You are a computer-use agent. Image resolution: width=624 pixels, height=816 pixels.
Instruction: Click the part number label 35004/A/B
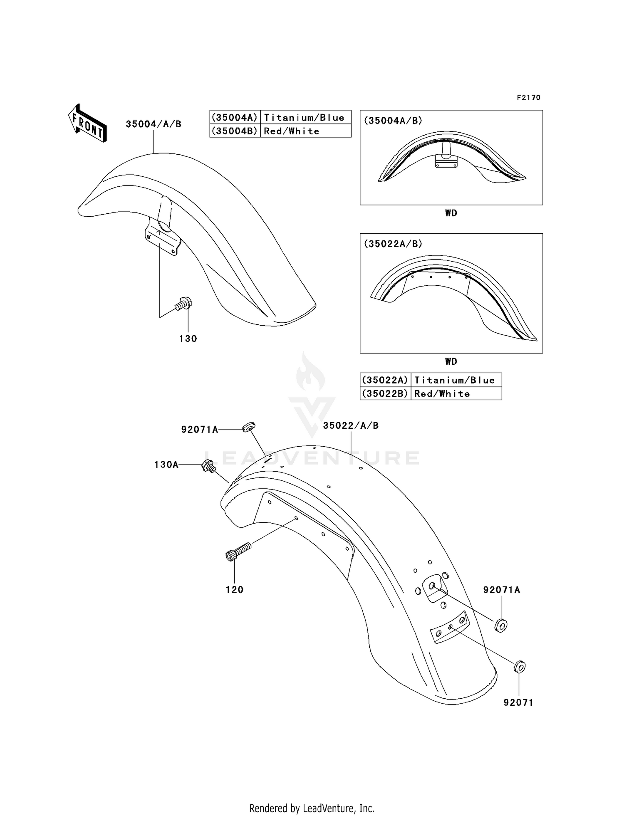click(x=154, y=124)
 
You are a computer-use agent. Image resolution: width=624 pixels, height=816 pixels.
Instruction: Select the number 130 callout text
click(x=188, y=339)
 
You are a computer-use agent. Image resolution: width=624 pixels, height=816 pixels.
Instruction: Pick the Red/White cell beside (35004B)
click(x=292, y=131)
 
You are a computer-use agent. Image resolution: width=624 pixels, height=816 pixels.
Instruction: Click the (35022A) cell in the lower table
click(x=385, y=380)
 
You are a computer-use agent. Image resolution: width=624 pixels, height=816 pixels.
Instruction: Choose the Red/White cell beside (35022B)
click(x=442, y=394)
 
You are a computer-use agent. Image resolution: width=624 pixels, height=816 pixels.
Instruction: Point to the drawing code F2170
click(x=528, y=98)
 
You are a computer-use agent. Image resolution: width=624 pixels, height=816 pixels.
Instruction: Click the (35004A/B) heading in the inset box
click(x=393, y=121)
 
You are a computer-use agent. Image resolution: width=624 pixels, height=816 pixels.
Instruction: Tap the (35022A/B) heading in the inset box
click(x=393, y=244)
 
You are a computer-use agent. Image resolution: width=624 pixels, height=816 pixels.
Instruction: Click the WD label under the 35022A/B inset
click(x=451, y=361)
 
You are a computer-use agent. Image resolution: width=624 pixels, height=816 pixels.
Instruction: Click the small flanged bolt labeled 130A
click(x=208, y=466)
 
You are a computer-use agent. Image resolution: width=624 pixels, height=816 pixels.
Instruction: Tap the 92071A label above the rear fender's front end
click(x=200, y=430)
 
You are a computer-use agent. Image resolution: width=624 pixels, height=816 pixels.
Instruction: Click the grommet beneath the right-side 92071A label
click(x=501, y=625)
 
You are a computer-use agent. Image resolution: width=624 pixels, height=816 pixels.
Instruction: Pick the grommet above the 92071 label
click(x=519, y=667)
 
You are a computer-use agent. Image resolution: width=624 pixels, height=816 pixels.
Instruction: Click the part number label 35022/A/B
click(x=351, y=426)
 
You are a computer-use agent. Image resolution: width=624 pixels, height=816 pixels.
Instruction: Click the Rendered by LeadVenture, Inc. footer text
click(x=312, y=808)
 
